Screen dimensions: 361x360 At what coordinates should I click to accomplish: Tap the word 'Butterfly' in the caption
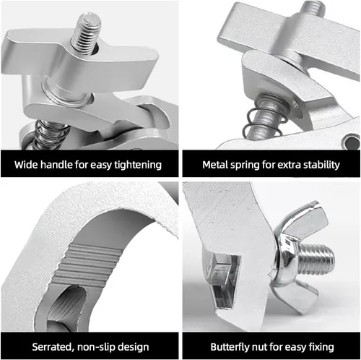coord(230,347)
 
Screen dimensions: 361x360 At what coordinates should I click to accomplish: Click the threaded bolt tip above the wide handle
coord(87,33)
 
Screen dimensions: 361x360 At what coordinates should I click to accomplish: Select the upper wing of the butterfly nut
coord(305,218)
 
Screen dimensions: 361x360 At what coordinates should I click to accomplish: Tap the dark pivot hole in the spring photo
coord(351,142)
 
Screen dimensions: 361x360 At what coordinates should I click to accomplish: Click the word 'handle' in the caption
coord(56,165)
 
